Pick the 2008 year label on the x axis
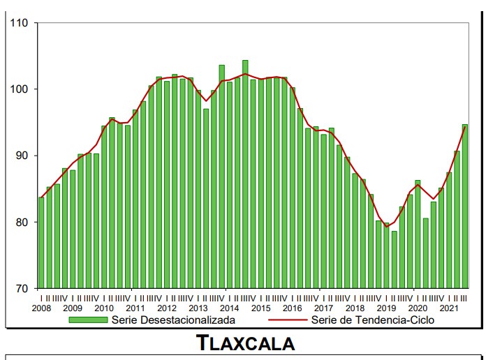tap(41, 308)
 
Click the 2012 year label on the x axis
tap(166, 308)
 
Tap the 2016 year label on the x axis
tap(292, 308)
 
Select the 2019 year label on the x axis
tap(386, 308)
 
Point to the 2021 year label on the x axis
tap(449, 308)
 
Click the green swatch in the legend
tap(88, 320)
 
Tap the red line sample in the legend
tap(283, 320)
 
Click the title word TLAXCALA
tap(245, 343)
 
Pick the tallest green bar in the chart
tap(245, 174)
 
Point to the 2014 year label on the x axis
tap(229, 308)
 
